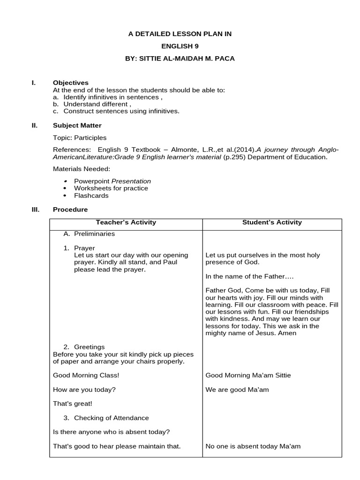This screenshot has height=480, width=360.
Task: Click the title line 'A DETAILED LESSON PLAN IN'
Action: [180, 34]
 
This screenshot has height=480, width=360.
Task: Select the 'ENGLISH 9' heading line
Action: [180, 46]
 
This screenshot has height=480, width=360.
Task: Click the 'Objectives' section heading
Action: [70, 83]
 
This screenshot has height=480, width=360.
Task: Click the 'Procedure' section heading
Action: [70, 210]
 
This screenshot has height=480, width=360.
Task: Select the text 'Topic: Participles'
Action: [80, 138]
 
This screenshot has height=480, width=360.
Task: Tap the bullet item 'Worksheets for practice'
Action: [111, 188]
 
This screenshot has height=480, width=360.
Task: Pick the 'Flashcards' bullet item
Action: [91, 195]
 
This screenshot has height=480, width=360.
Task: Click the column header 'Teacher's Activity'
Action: [126, 223]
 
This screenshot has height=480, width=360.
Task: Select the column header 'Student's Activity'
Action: [272, 223]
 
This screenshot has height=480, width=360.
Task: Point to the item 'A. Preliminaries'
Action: [89, 233]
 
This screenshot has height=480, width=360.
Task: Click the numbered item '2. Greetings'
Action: [84, 347]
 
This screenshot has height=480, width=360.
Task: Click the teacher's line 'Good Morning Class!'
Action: [86, 375]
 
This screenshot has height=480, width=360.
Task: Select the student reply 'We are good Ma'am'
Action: [237, 390]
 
